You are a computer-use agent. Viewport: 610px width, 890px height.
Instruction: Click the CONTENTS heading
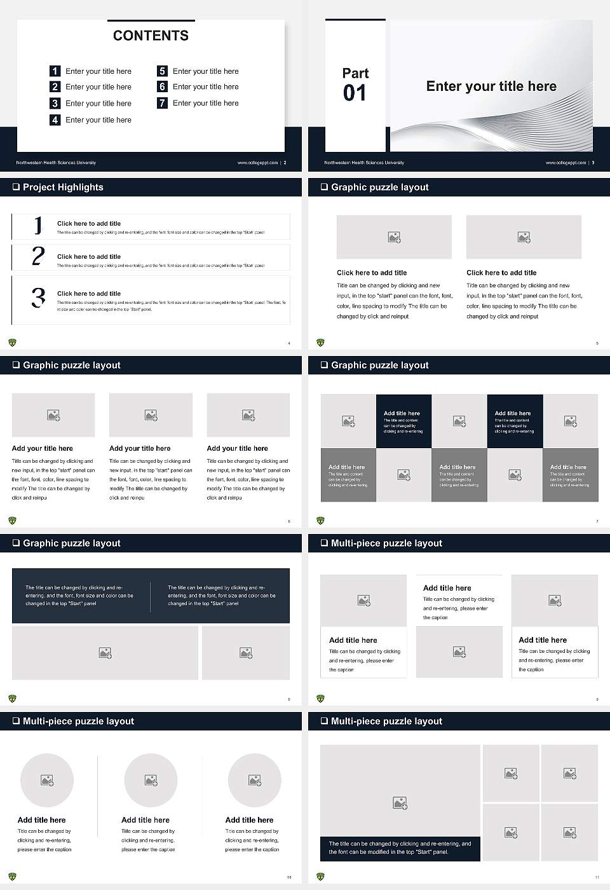(x=151, y=36)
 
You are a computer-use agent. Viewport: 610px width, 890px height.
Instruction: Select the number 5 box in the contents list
(x=162, y=71)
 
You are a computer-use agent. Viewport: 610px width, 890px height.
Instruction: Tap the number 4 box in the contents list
(x=55, y=120)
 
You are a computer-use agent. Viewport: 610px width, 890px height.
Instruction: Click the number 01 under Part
(x=355, y=93)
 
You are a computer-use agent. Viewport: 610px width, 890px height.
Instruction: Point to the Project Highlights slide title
(x=63, y=187)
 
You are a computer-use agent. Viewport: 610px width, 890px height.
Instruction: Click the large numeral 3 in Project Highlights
(x=38, y=298)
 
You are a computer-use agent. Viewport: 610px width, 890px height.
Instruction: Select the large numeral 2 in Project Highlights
(x=38, y=256)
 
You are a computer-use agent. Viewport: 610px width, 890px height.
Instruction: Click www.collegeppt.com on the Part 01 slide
(x=566, y=163)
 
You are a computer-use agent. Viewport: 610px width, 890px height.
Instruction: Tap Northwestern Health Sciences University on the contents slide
(x=56, y=163)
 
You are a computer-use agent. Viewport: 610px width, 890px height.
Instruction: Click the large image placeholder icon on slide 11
(x=400, y=804)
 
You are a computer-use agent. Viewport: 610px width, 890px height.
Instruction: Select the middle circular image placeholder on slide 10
(x=151, y=780)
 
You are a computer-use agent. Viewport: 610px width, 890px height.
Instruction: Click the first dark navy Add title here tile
(x=403, y=421)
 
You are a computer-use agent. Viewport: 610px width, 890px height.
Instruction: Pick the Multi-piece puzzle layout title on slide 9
(x=386, y=543)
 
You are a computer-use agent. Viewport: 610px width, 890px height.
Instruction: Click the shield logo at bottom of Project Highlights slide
(x=12, y=343)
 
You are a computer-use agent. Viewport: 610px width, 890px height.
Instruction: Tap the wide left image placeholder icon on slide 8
(x=105, y=653)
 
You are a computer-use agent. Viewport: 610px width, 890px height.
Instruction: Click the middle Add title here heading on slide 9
(x=447, y=588)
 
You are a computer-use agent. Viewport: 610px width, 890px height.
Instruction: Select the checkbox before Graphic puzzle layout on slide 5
(x=324, y=187)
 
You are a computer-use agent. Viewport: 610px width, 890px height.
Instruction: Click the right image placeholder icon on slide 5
(x=524, y=237)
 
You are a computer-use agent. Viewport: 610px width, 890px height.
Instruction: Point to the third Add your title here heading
(x=237, y=448)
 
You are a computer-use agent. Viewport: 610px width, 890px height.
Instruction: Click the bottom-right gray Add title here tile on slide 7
(x=570, y=475)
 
